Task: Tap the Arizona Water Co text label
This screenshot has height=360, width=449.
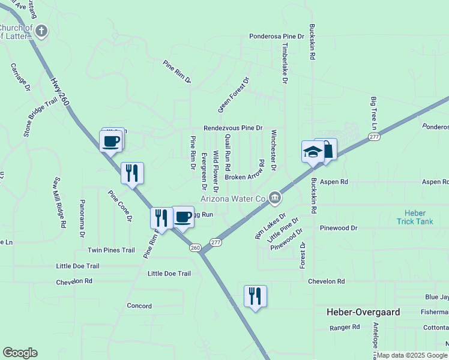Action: [232, 198]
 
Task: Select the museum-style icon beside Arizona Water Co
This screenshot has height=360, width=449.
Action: [274, 197]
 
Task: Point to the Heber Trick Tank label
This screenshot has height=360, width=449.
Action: [415, 217]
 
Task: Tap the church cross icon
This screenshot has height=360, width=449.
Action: [41, 31]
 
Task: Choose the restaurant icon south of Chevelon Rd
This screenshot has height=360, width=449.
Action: [255, 296]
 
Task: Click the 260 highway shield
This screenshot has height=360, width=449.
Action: [195, 247]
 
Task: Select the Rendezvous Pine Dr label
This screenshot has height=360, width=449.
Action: [233, 128]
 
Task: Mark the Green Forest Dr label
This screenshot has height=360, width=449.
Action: [234, 95]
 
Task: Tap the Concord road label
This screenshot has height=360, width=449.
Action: [139, 305]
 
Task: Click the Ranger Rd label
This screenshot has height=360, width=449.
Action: [345, 328]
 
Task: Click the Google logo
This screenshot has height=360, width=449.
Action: [20, 353]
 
